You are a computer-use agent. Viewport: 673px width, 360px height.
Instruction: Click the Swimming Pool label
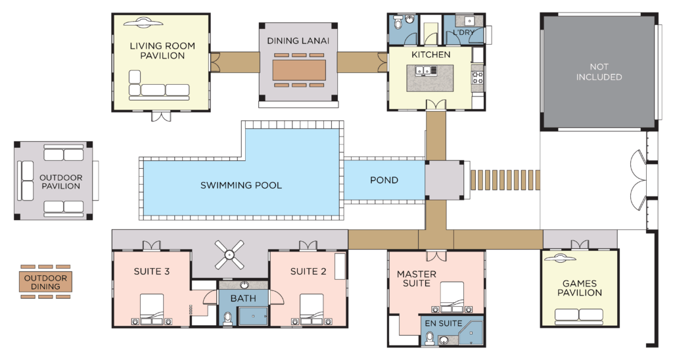[241, 185]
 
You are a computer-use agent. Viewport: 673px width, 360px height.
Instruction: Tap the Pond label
[384, 180]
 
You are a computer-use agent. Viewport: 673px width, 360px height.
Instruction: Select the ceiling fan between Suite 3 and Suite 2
[229, 254]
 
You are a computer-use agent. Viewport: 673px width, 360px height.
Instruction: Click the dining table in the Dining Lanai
[299, 70]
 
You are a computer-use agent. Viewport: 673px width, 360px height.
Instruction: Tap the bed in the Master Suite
[452, 297]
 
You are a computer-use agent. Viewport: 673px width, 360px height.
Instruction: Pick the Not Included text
[599, 72]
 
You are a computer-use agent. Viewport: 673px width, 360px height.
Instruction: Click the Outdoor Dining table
[45, 282]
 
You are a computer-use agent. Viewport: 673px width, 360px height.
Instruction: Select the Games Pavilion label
[580, 288]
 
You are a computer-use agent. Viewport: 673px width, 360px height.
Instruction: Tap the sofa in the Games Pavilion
[579, 317]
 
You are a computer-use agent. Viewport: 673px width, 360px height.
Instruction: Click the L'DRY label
[463, 32]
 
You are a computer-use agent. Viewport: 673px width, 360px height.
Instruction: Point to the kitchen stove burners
[478, 78]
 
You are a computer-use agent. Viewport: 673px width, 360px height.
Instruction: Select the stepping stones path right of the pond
[505, 180]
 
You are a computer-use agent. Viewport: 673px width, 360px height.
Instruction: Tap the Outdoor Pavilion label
[60, 182]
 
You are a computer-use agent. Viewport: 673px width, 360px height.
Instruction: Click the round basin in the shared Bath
[244, 285]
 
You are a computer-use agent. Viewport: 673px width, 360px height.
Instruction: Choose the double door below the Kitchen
[436, 105]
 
